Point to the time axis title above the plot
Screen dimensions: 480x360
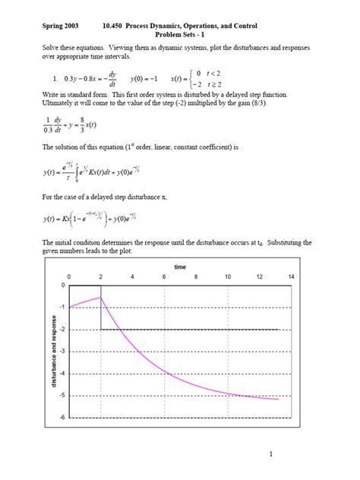click(179, 267)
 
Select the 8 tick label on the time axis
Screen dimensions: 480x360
click(195, 277)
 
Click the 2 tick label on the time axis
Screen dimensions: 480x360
click(101, 277)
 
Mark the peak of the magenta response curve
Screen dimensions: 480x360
click(100, 298)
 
